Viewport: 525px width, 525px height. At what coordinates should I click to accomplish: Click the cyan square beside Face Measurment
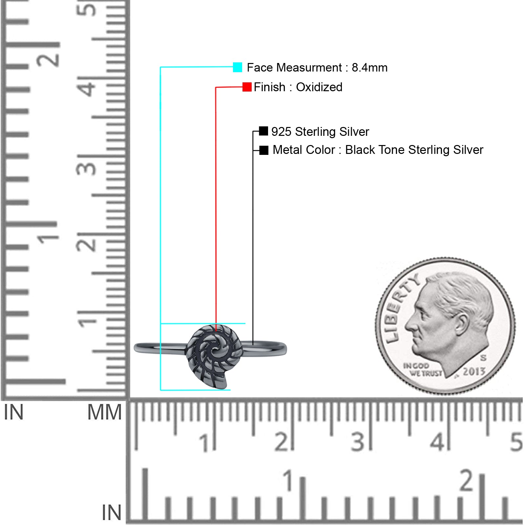[237, 67]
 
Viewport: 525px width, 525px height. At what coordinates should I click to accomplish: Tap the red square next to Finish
[247, 87]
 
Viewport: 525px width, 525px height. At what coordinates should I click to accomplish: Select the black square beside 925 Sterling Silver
[263, 131]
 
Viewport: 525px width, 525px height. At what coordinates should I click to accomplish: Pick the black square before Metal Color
[263, 150]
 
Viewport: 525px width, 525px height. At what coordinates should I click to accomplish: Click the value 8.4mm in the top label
[369, 68]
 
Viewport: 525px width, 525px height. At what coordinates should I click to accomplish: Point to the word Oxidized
[319, 87]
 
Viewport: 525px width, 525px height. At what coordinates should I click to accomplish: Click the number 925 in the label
[281, 132]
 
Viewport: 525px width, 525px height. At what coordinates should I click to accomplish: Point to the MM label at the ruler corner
[104, 412]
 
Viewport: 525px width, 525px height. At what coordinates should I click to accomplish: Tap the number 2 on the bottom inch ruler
[466, 480]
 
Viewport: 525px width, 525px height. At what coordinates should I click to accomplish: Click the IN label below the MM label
[111, 513]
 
